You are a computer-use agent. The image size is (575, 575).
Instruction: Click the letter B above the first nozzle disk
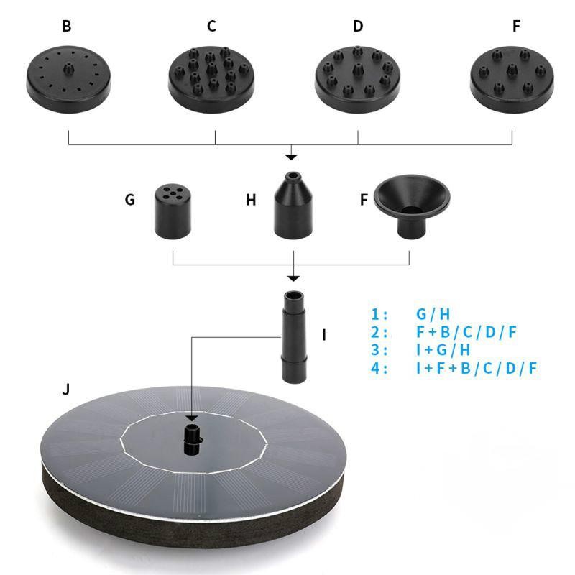[67, 26]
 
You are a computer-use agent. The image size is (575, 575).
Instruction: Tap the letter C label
[211, 26]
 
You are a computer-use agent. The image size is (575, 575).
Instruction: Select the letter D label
[358, 26]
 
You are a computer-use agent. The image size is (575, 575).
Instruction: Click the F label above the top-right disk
[516, 26]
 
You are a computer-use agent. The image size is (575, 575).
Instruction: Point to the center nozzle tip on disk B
[68, 68]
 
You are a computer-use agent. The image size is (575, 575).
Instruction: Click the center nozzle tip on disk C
[211, 68]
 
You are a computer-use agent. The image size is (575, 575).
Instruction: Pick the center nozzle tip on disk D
[358, 69]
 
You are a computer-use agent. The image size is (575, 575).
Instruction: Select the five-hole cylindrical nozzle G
[172, 211]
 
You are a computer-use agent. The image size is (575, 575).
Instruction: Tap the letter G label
[130, 200]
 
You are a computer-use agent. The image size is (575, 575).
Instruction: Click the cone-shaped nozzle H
[293, 206]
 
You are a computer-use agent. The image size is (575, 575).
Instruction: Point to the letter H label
[251, 200]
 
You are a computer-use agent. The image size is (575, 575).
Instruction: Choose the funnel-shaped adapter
[412, 206]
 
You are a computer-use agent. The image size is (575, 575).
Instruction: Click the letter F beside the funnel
[364, 200]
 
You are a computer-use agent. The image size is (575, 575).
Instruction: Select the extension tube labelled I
[294, 337]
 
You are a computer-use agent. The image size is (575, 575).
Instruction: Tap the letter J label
[66, 389]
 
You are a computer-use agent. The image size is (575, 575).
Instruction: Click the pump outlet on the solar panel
[192, 439]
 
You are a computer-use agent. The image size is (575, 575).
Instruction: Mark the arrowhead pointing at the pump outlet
[192, 418]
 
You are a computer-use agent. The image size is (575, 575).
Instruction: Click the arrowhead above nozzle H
[291, 157]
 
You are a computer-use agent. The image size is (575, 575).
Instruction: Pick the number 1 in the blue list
[374, 314]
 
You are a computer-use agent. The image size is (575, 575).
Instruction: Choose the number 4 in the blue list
[375, 368]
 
